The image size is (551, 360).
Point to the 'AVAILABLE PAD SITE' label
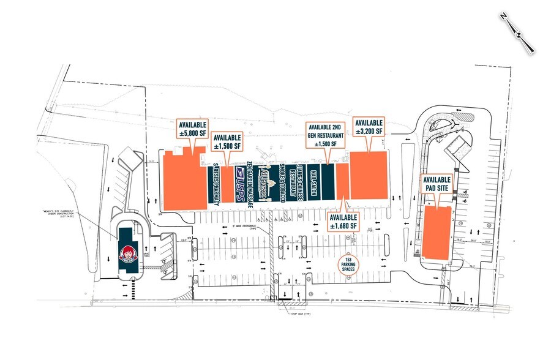coord(436,184)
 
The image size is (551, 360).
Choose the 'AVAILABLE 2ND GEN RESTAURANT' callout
coord(326,135)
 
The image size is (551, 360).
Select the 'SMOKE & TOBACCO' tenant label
coord(283,180)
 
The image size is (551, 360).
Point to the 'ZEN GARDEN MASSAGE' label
coord(250,184)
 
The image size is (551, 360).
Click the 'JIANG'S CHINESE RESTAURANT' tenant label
coord(298,180)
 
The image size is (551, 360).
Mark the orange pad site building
coord(438,232)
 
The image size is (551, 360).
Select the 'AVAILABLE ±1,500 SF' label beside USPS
coord(227,141)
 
